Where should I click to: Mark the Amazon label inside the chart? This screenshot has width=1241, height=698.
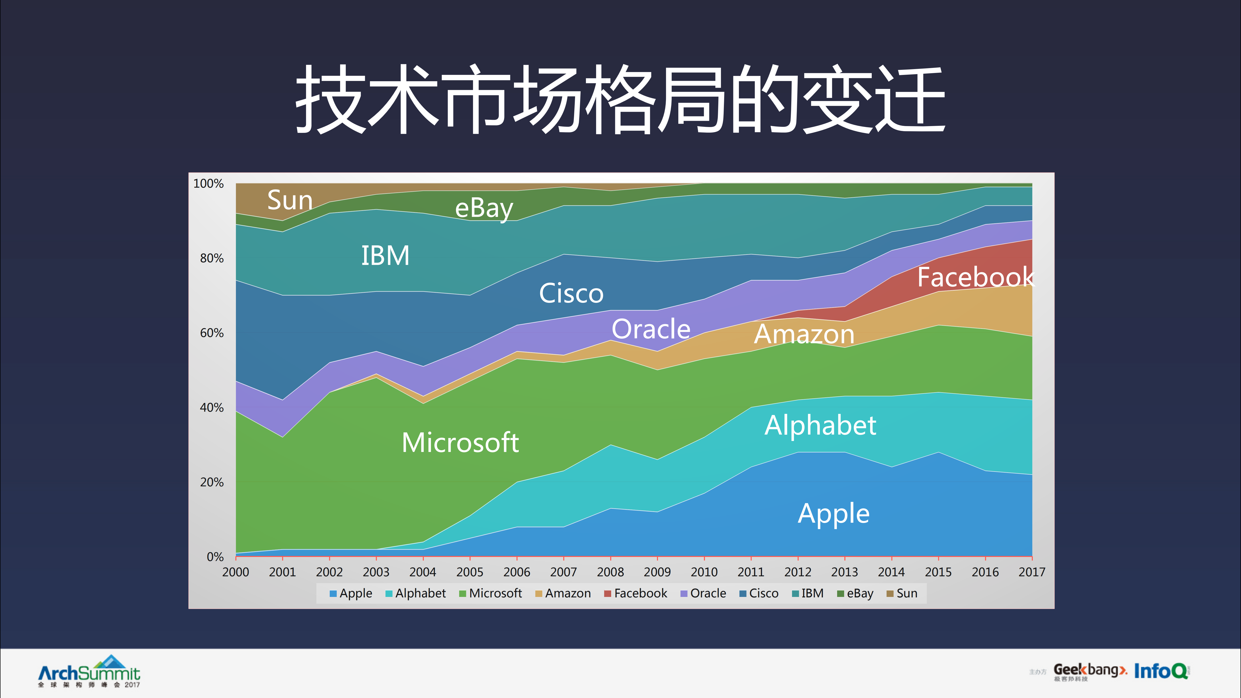(804, 334)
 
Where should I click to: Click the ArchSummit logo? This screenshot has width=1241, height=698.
(89, 671)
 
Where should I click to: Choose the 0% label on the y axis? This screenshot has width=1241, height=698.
(215, 557)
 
